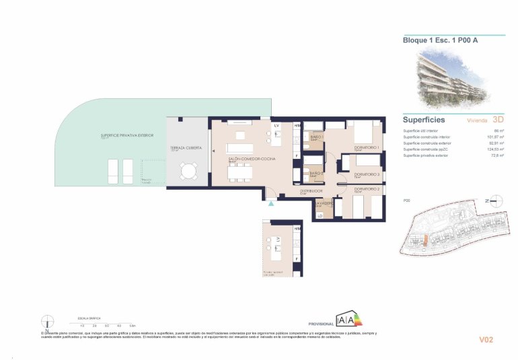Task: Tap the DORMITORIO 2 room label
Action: (x=367, y=189)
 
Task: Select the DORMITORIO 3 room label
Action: (x=367, y=174)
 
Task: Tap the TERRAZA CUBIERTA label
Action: (x=186, y=147)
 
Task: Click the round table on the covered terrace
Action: (x=188, y=174)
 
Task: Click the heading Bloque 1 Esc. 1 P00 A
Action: (x=431, y=40)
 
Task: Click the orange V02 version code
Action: (x=486, y=340)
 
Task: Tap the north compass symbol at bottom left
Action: (x=46, y=321)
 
